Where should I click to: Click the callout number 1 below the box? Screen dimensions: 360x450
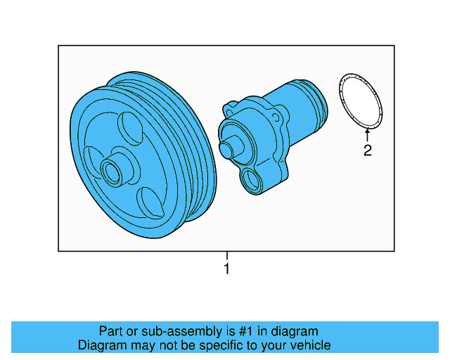pyautogui.click(x=226, y=269)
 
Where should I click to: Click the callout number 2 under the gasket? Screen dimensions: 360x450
pyautogui.click(x=367, y=150)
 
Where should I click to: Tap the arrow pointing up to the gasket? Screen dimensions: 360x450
pyautogui.click(x=367, y=134)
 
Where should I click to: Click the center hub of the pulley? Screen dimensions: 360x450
pyautogui.click(x=112, y=170)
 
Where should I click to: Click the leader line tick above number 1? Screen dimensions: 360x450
pyautogui.click(x=226, y=256)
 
